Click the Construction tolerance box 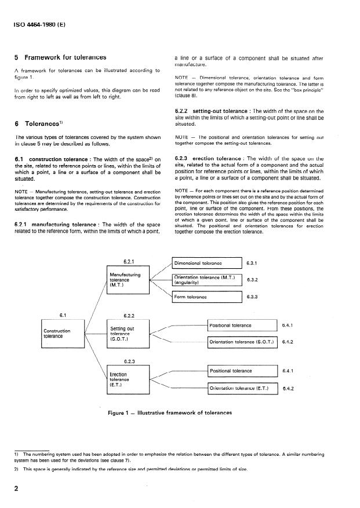(x=62, y=333)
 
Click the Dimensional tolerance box (x=206, y=262)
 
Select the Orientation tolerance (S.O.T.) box (x=243, y=342)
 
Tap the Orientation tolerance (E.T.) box (x=243, y=388)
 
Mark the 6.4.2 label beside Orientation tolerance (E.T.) (x=288, y=389)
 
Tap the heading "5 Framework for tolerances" (x=60, y=57)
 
